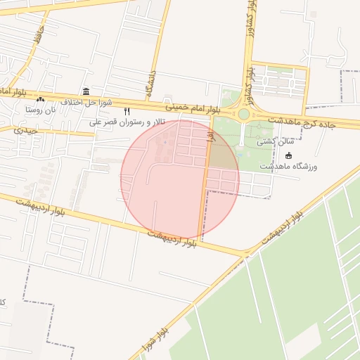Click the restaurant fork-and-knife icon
click(127, 111)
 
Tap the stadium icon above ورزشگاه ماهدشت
click(288, 155)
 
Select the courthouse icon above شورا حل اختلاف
click(86, 91)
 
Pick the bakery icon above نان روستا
click(40, 99)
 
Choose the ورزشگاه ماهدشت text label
click(288, 167)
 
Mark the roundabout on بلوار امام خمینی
click(244, 114)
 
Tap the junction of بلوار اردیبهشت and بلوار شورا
click(246, 252)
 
